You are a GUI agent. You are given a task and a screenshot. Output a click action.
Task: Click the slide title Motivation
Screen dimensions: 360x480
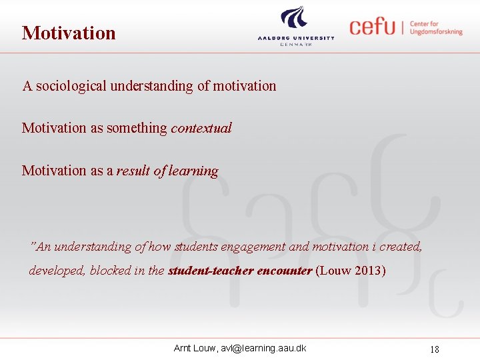[69, 33]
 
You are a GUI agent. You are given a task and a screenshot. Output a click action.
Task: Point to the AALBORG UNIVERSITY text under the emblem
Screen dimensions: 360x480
[296, 38]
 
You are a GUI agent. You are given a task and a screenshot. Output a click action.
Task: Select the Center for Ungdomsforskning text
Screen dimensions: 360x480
[435, 27]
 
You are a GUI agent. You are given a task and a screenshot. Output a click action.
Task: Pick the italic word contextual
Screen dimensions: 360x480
[201, 128]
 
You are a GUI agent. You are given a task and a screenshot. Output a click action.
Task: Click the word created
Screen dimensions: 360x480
[400, 247]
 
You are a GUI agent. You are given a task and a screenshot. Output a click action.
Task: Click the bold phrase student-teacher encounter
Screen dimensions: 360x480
[240, 271]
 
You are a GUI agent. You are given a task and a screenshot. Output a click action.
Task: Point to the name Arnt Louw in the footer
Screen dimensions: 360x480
[192, 348]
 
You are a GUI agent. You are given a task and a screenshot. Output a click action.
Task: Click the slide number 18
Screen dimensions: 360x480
[434, 349]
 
